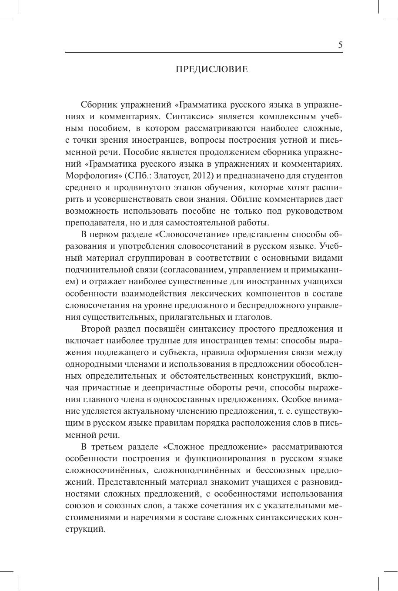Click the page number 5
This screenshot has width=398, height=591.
[340, 45]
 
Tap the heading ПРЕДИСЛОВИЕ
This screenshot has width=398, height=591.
[212, 70]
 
